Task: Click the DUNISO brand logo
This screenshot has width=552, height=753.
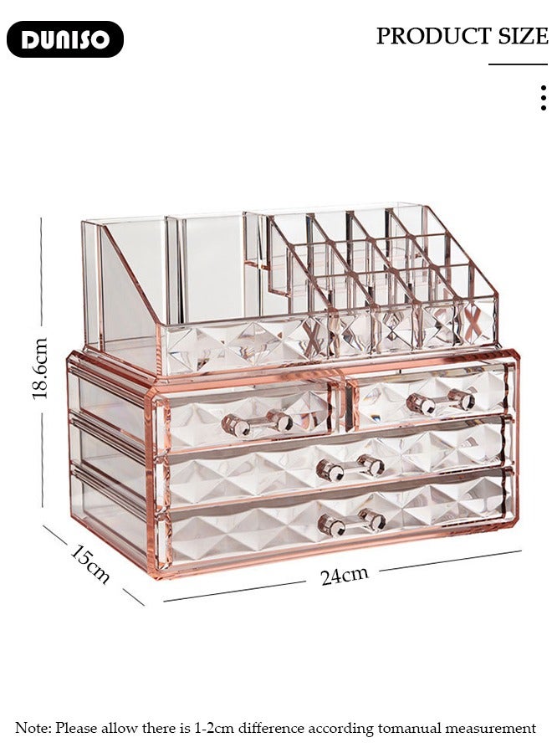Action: (x=65, y=39)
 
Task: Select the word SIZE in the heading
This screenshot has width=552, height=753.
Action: (x=523, y=36)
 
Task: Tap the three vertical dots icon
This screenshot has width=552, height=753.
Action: (x=544, y=98)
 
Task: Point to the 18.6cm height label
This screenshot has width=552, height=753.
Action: (x=40, y=368)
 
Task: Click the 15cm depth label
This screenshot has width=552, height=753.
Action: (x=89, y=564)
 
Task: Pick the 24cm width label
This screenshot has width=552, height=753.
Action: (x=344, y=576)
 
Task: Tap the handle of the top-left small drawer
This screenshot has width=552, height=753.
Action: (x=257, y=423)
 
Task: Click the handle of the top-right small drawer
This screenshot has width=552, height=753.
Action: (x=441, y=402)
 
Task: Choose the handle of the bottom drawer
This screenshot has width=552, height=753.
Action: (x=351, y=523)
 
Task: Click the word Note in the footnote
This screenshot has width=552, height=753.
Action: (x=33, y=729)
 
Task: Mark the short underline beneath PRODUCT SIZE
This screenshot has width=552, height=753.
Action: (x=518, y=64)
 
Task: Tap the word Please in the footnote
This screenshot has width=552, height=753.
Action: (x=77, y=729)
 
